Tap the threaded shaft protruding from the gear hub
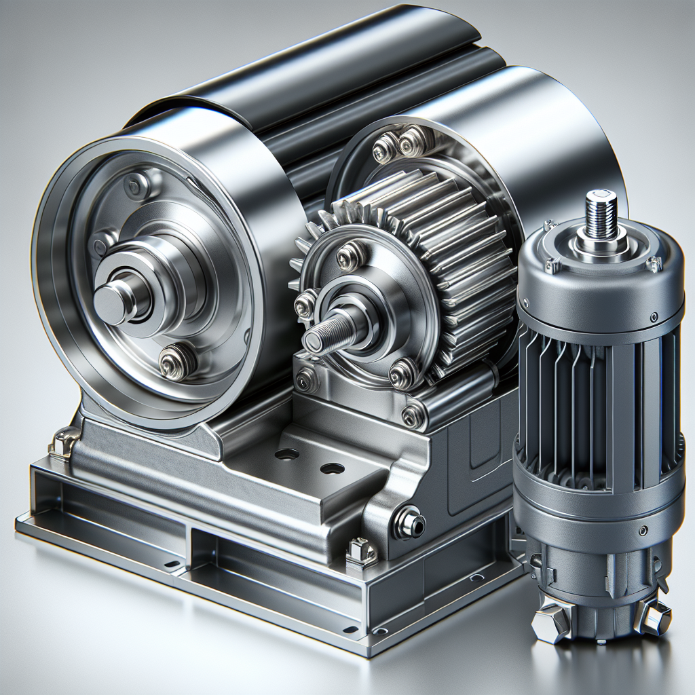[324, 335]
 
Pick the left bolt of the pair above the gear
[386, 146]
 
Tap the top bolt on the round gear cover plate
[350, 255]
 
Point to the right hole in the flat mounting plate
[331, 468]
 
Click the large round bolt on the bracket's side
[410, 523]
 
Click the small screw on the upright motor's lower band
[641, 525]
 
